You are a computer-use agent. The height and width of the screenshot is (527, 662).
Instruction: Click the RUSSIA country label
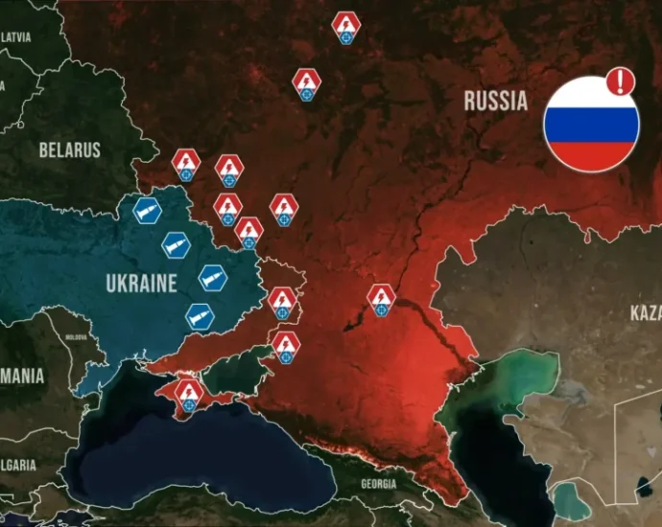pyautogui.click(x=495, y=100)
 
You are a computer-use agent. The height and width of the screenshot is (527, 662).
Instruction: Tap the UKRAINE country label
pyautogui.click(x=142, y=284)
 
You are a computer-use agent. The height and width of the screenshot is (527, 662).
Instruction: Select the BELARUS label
pyautogui.click(x=69, y=149)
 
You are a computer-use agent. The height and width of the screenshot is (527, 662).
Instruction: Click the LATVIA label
pyautogui.click(x=15, y=36)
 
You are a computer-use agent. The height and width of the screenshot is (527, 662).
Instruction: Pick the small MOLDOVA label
pyautogui.click(x=76, y=338)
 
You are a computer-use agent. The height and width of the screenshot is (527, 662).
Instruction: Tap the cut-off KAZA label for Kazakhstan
pyautogui.click(x=645, y=313)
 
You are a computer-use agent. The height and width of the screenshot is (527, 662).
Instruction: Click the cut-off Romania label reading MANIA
pyautogui.click(x=21, y=377)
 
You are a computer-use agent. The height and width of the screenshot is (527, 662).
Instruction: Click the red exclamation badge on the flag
pyautogui.click(x=621, y=80)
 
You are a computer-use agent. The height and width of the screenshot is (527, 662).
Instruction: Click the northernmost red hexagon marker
pyautogui.click(x=345, y=25)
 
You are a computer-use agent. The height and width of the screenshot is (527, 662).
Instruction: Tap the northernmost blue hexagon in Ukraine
pyautogui.click(x=148, y=211)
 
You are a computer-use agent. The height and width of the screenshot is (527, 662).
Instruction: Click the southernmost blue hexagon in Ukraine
pyautogui.click(x=200, y=315)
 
